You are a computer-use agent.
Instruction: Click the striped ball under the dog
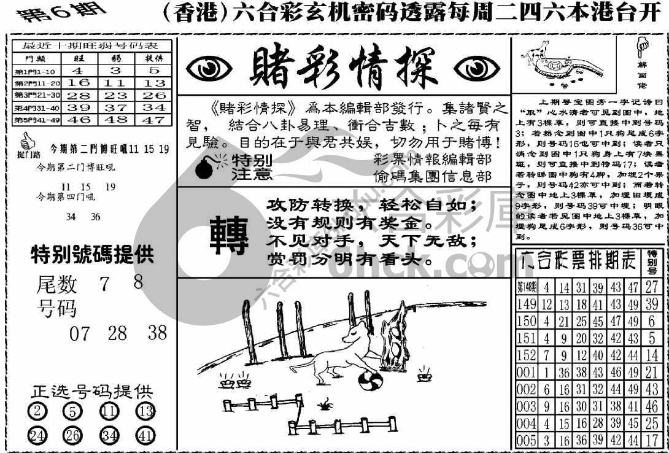pos(370,381)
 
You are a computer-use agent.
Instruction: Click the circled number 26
pos(72,435)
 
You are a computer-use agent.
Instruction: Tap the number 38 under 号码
pos(157,333)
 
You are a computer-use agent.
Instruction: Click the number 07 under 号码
pos(79,334)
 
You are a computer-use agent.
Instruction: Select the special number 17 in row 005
pos(652,439)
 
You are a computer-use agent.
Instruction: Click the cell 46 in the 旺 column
pos(79,120)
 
